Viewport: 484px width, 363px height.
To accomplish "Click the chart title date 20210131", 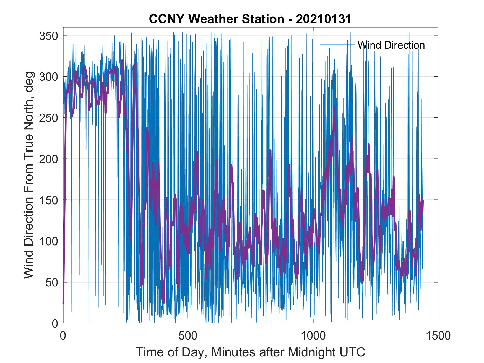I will coord(324,19).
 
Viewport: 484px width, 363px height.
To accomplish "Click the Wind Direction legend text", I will coord(391,45).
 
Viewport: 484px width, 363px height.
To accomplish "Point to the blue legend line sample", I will coord(337,45).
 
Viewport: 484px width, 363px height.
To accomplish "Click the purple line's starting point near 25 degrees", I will coord(63,303).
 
